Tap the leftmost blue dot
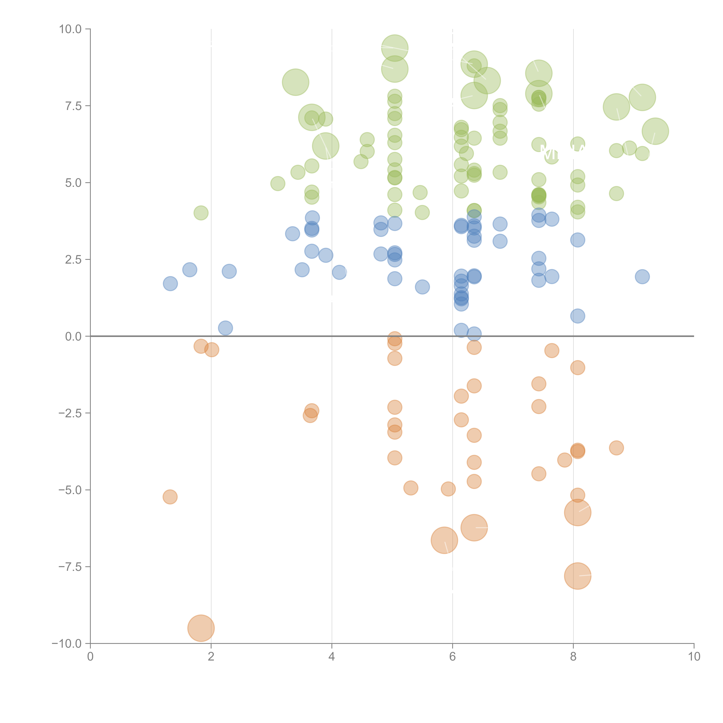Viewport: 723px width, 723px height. tap(170, 284)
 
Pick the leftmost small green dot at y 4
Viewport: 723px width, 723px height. tap(201, 213)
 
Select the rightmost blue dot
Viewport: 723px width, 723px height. tap(642, 277)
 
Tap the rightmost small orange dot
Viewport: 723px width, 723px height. tap(616, 448)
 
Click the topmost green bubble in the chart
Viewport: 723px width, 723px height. tap(394, 48)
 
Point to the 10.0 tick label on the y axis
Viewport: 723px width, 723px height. tap(70, 29)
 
